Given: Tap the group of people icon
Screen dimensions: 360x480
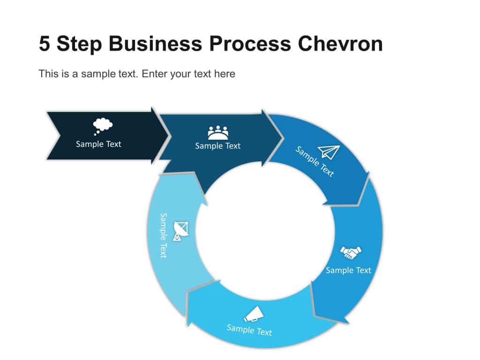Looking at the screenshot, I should (218, 133).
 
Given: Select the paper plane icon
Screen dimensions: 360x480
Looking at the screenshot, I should (329, 151).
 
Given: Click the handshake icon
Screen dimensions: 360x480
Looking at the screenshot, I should (351, 253).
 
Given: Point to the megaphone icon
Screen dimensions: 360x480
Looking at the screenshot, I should (253, 314).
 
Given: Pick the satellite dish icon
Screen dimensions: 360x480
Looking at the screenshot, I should (181, 230).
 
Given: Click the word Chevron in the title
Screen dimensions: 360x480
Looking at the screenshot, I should (340, 44).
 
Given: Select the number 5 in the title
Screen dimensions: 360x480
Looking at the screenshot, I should (44, 44).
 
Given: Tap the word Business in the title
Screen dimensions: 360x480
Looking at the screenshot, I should (155, 44).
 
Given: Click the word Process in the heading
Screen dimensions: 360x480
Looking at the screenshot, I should (251, 44).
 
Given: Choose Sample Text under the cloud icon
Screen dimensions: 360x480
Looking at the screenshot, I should (98, 144).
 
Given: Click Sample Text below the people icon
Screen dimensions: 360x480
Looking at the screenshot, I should (217, 146).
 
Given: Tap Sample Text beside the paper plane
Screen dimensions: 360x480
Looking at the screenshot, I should (315, 161).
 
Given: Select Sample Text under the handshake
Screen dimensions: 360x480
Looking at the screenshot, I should (348, 270).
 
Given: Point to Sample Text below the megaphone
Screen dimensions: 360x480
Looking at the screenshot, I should (249, 330).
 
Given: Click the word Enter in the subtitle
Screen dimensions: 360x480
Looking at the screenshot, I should (154, 74).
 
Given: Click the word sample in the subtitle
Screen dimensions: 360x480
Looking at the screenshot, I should (96, 74).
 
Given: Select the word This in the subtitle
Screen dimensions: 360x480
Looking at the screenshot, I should (47, 74).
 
